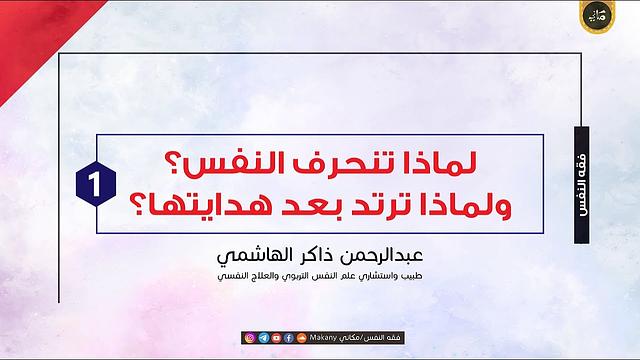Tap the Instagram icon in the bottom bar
pyautogui.click(x=249, y=337)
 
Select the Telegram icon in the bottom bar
pyautogui.click(x=262, y=337)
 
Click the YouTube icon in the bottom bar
pyautogui.click(x=275, y=337)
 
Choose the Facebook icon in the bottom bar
pyautogui.click(x=288, y=337)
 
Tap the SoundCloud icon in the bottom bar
pyautogui.click(x=301, y=337)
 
